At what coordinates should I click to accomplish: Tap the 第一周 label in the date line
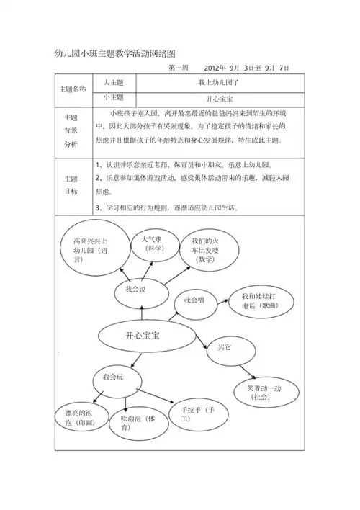[x=178, y=68]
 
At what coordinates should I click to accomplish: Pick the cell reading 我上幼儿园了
[x=214, y=83]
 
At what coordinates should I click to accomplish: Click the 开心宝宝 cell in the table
[x=214, y=97]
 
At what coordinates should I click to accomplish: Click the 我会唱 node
[x=194, y=300]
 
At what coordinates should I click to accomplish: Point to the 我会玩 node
[x=113, y=377]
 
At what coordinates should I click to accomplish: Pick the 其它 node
[x=224, y=348]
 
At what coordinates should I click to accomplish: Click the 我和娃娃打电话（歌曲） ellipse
[x=258, y=301]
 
